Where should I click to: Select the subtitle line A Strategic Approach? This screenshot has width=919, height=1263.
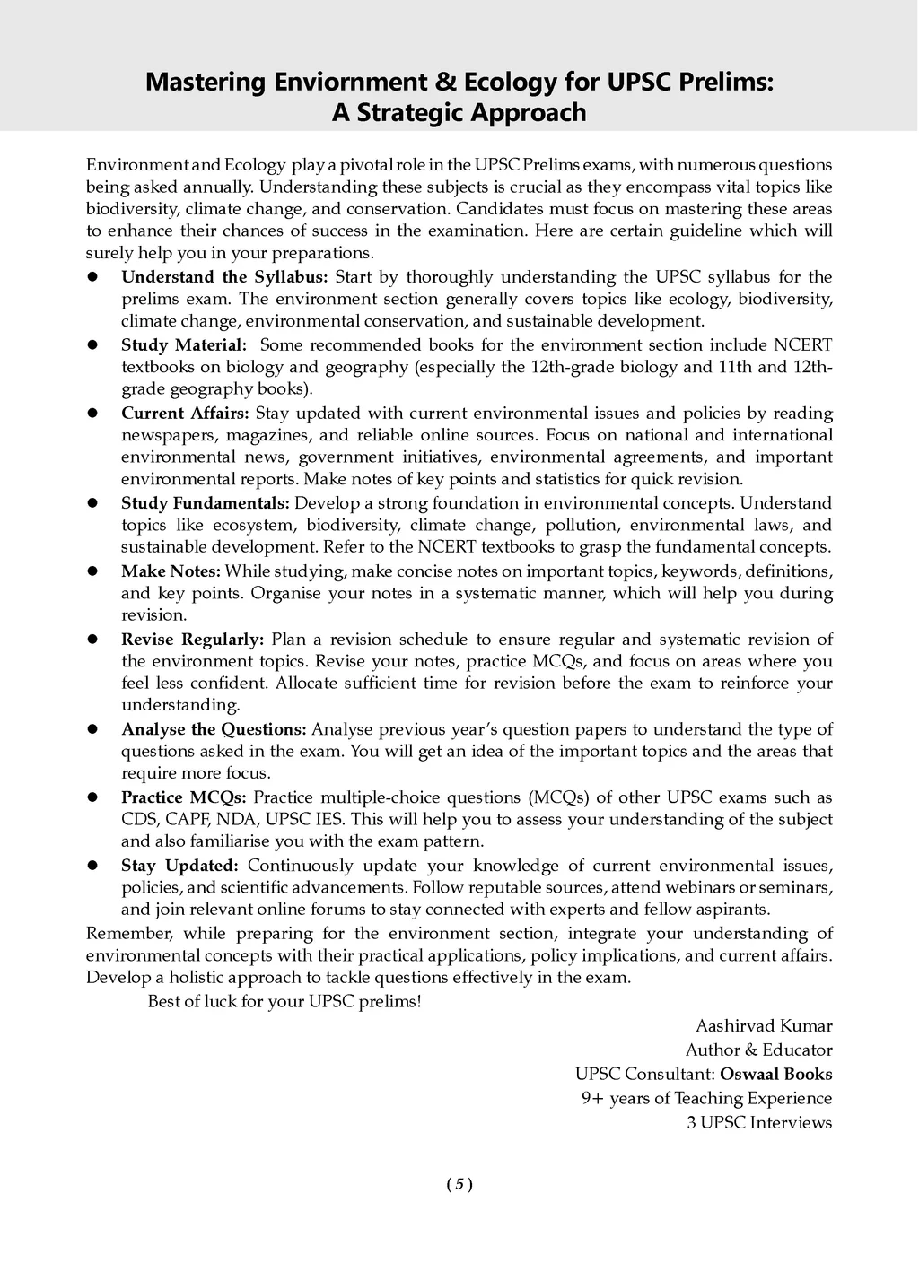[x=459, y=113]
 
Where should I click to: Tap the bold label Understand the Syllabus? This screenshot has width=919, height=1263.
[x=225, y=277]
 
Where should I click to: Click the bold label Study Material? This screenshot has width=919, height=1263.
[x=184, y=345]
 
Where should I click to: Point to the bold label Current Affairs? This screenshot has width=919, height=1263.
[x=186, y=414]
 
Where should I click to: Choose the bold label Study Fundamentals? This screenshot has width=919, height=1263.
[x=206, y=503]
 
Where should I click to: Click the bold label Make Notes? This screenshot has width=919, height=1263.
[x=171, y=571]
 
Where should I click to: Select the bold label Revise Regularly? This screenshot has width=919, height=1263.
[x=193, y=640]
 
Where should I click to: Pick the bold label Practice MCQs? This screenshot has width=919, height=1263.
[x=184, y=797]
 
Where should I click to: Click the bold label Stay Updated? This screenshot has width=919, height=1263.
[x=179, y=866]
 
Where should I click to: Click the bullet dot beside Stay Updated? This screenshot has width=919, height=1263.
[x=92, y=866]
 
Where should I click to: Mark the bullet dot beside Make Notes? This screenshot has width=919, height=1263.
[x=92, y=571]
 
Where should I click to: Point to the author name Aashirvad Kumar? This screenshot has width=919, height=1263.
[x=764, y=1025]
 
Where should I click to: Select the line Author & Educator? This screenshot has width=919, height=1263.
[x=758, y=1050]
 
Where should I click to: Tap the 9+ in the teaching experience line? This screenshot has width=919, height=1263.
[x=592, y=1098]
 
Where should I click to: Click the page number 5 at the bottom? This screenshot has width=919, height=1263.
[x=459, y=1184]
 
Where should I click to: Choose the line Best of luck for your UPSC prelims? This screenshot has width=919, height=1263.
[x=284, y=1001]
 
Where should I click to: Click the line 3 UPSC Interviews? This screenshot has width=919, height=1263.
[x=759, y=1122]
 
